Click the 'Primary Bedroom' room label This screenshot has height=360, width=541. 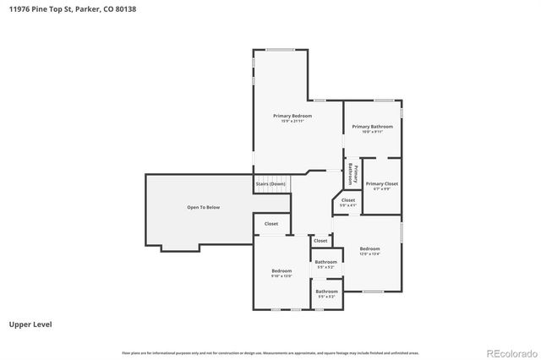coord(292,115)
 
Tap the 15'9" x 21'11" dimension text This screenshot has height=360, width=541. coord(292,121)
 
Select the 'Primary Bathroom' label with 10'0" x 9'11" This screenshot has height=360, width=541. coord(373,127)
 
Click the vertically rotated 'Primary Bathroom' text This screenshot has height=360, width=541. coord(353,174)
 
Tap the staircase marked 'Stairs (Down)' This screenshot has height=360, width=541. coord(270,183)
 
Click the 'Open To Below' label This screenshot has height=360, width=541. coord(203,207)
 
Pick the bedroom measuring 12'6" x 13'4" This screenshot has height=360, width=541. coord(369,250)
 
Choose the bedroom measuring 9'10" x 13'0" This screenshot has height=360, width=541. coord(281,273)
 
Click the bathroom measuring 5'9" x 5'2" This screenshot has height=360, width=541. coord(326,263)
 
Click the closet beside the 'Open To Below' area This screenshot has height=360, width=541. coord(271,224)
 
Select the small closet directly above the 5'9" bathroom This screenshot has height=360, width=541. coord(320,241)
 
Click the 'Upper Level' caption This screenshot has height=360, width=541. coord(27,324)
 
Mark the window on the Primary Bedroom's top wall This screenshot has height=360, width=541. coord(281,50)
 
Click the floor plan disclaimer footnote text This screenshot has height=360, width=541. coord(270,352)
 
